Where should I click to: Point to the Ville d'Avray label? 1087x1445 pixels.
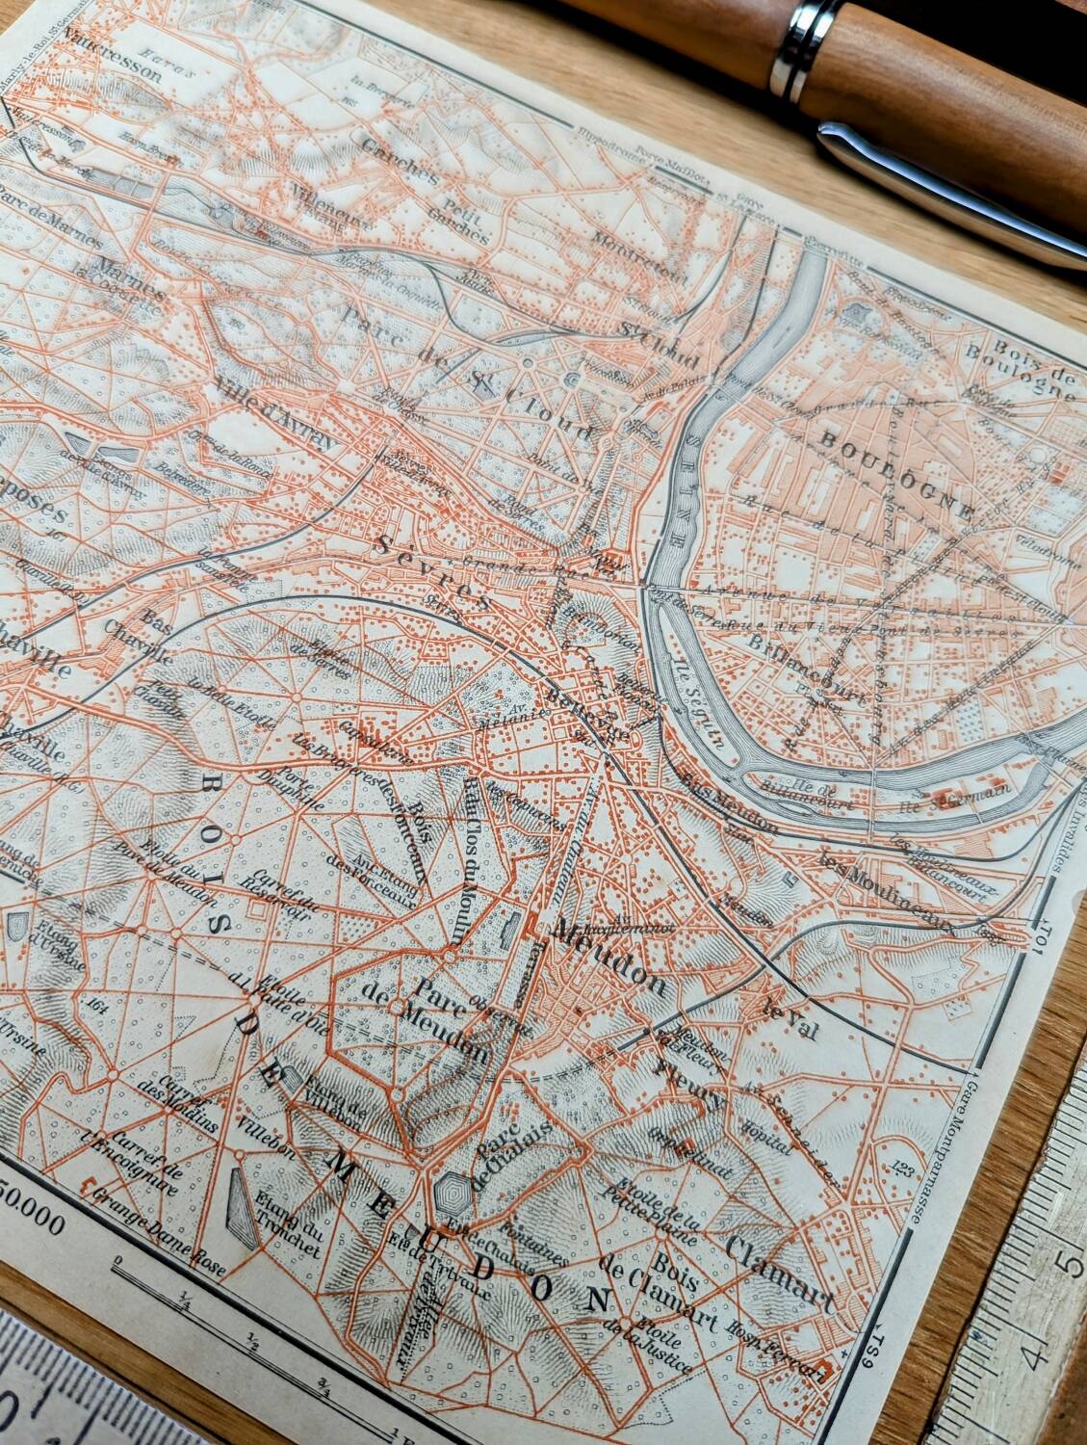click(x=274, y=417)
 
